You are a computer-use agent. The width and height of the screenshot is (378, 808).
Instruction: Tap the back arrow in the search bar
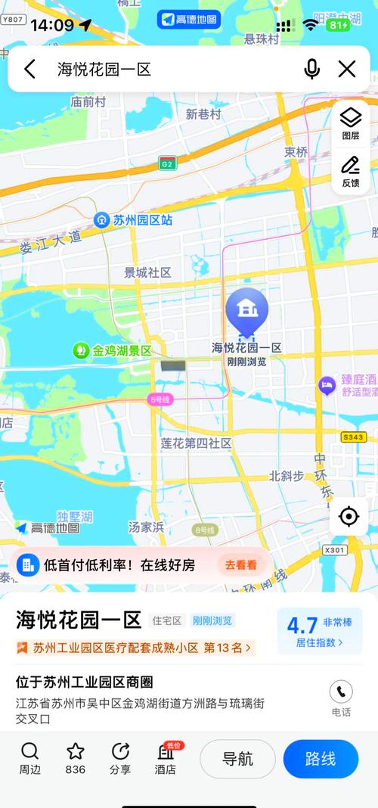29,70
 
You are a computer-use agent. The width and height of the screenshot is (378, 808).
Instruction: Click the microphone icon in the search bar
311,70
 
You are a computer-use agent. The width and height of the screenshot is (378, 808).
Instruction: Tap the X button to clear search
347,70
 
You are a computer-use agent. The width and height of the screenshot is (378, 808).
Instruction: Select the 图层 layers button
351,123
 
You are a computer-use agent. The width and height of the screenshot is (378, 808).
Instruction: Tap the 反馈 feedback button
351,171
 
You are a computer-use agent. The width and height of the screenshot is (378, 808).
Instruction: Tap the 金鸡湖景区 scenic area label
113,350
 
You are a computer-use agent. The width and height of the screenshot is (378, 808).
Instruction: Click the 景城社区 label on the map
148,272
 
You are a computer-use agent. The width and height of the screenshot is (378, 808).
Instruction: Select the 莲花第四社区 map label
196,443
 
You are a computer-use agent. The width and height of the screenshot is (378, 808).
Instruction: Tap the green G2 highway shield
167,163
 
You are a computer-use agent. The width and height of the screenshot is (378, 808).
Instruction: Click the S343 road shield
353,437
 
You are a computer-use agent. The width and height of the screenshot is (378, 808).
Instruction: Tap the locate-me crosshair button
349,516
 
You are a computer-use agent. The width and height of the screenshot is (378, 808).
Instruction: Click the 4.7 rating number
302,625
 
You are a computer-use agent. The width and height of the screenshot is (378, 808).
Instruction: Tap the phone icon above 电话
341,691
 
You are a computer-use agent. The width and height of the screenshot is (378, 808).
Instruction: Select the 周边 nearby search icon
29,751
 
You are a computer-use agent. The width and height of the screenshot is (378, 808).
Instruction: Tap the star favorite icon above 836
75,751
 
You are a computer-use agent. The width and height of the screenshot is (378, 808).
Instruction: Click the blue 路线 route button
321,759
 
